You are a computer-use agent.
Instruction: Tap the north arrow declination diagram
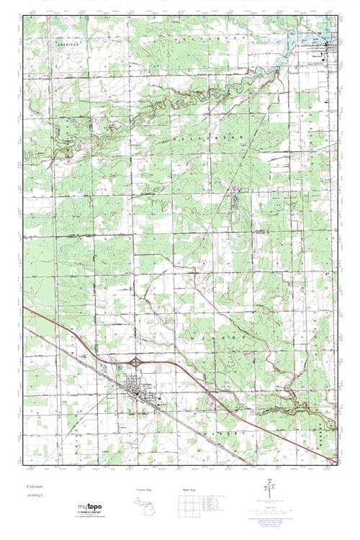(x=269, y=490)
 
